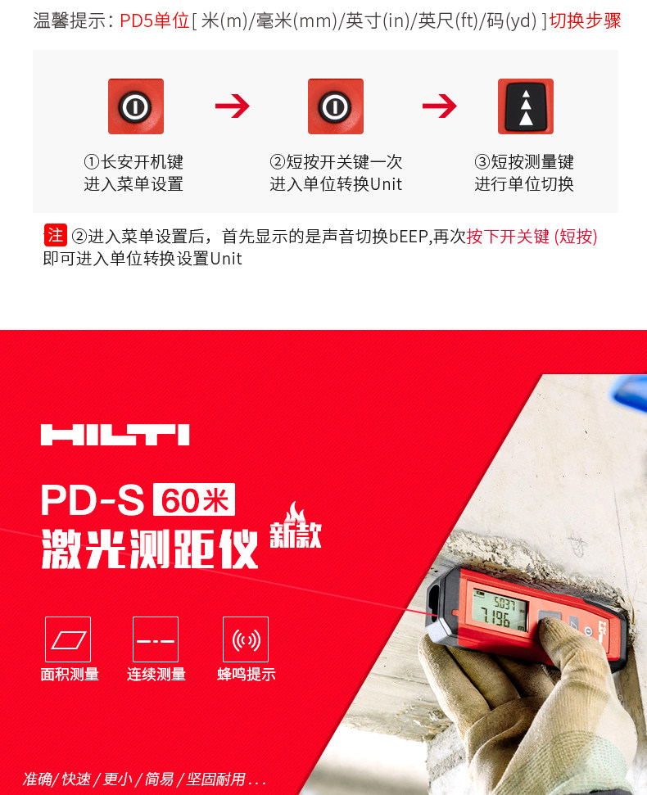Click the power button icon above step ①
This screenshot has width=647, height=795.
tap(136, 106)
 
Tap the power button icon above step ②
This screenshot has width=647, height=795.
tap(336, 106)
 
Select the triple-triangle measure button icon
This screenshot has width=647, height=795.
tap(526, 106)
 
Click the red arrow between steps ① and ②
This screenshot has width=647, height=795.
tap(232, 106)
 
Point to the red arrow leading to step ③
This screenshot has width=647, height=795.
tap(439, 106)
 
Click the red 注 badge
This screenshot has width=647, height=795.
tap(55, 236)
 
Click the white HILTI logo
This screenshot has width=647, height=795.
tap(115, 434)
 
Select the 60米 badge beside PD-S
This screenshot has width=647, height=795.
tap(194, 499)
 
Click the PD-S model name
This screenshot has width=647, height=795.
tap(92, 500)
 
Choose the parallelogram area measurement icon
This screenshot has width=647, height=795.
tap(68, 639)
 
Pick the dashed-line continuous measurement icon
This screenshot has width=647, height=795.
tap(156, 639)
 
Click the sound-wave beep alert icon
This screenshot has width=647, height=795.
tap(246, 639)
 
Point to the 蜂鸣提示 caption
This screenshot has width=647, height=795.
tap(246, 675)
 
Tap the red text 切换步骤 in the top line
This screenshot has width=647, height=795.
tap(585, 20)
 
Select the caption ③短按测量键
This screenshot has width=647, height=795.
tap(524, 162)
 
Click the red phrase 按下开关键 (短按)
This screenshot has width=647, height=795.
tap(532, 237)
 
